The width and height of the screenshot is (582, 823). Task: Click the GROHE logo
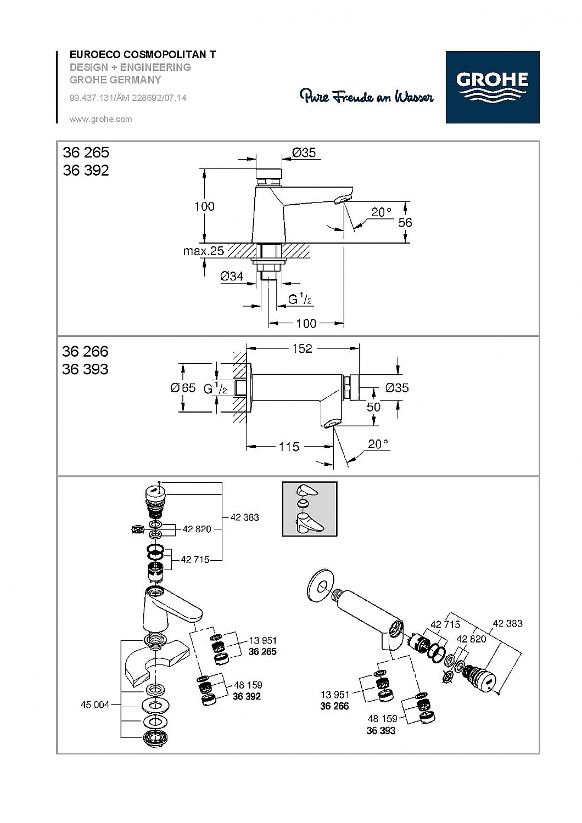point(492,87)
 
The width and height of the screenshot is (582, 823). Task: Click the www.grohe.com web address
point(100,119)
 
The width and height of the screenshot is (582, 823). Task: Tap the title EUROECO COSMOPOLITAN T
point(142,55)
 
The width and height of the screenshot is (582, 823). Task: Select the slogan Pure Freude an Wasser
point(366,97)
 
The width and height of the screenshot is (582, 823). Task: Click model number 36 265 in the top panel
point(86,153)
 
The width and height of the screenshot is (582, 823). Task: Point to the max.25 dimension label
point(203,251)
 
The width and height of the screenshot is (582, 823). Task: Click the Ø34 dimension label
point(232,277)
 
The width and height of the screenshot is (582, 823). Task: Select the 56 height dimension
point(405,222)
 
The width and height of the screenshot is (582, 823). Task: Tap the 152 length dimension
point(302,348)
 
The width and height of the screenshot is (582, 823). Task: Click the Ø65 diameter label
point(183,388)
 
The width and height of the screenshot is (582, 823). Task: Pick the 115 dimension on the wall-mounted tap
point(289,447)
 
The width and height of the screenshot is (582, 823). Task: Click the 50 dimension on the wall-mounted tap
point(373,407)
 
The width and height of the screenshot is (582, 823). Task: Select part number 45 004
point(95,704)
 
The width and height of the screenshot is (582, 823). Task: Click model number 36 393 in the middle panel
point(85,369)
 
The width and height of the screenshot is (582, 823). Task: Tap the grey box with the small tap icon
point(309,509)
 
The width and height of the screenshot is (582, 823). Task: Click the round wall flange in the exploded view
point(317,586)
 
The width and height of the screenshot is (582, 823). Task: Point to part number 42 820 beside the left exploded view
point(197,529)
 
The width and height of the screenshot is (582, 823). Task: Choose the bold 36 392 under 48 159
point(247,696)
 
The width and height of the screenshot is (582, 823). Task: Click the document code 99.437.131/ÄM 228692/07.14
point(128,98)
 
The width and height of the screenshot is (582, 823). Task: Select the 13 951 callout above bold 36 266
point(335,695)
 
